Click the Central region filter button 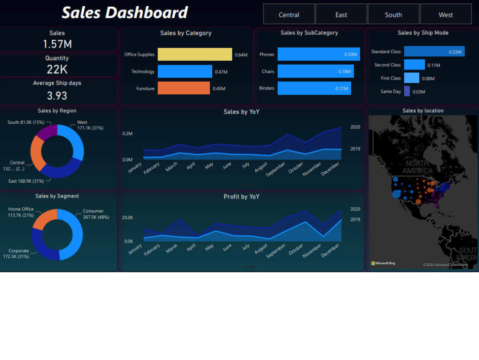coord(289,14)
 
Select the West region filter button coord(445,14)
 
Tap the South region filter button coord(393,14)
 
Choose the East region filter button coord(341,14)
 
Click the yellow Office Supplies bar coord(194,55)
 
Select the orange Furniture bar coord(183,88)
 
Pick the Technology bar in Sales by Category coord(184,71)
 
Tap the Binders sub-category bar coord(314,88)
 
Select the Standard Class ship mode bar coord(433,51)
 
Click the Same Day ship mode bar coord(407,91)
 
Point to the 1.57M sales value coord(57,44)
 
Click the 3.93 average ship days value coord(57,95)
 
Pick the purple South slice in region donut coord(47,131)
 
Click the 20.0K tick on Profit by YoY coord(128,218)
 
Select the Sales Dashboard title coord(125,12)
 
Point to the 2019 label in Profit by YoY coord(355,220)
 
